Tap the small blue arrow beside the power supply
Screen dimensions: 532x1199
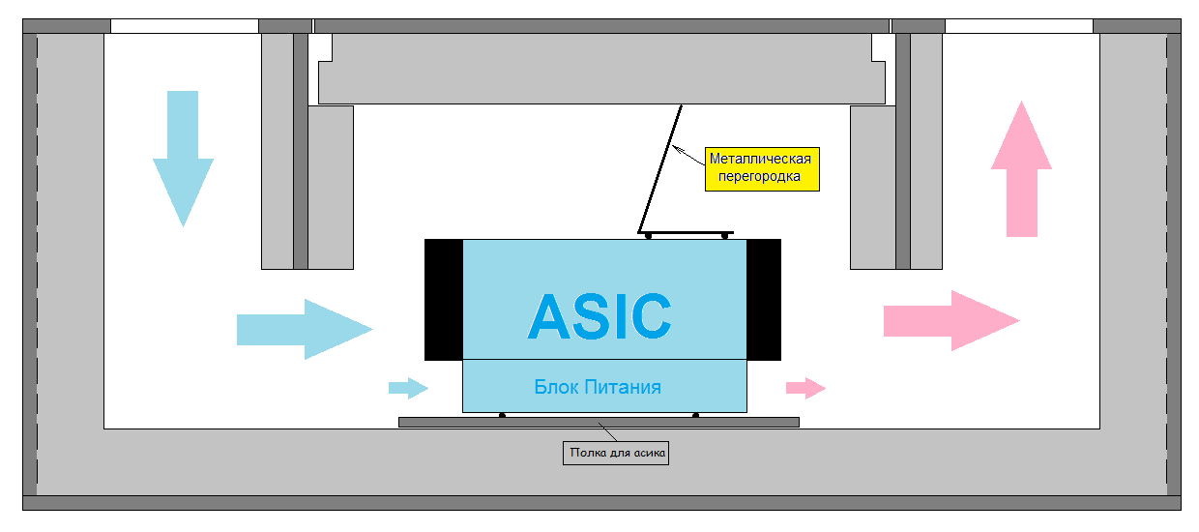(407, 388)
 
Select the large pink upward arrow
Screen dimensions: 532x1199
(1021, 174)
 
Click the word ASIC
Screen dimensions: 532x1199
(599, 314)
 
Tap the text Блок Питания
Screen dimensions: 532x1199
(598, 387)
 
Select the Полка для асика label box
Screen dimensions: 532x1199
(616, 452)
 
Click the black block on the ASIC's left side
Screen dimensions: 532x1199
(444, 299)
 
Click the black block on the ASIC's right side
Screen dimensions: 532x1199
(764, 299)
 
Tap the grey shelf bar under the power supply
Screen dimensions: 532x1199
(599, 422)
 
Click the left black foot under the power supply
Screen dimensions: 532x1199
(502, 415)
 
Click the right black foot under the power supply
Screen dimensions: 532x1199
(696, 415)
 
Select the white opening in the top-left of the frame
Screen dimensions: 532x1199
(185, 26)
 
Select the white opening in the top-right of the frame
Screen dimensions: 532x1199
(1018, 26)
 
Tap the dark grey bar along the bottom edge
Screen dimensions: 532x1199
(600, 502)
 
